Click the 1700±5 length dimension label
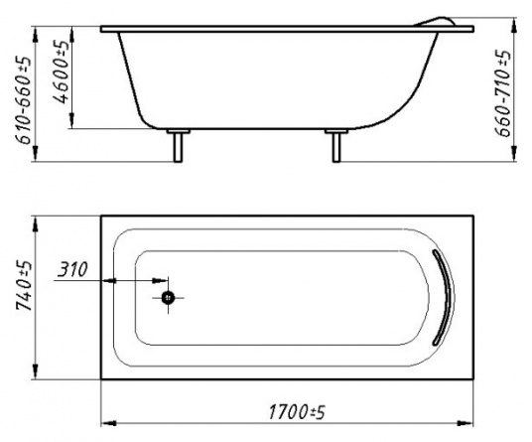click(297, 412)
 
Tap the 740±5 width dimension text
click(25, 286)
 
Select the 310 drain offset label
click(72, 269)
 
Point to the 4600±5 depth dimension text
click(62, 72)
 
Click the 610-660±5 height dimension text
click(24, 100)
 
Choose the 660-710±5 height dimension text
click(502, 93)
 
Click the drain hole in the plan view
click(168, 298)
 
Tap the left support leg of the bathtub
click(178, 145)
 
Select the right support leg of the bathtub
click(336, 145)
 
